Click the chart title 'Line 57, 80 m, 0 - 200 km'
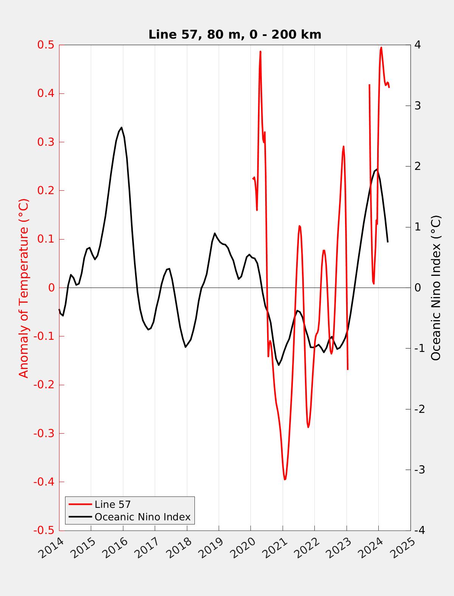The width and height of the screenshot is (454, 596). pyautogui.click(x=235, y=34)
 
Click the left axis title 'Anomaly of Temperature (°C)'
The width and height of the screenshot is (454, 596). pyautogui.click(x=24, y=288)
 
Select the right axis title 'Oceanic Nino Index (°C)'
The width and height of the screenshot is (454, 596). pyautogui.click(x=436, y=288)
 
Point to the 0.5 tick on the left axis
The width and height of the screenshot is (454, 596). pyautogui.click(x=45, y=45)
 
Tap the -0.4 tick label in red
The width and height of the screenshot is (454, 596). pyautogui.click(x=44, y=482)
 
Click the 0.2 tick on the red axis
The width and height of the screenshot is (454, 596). pyautogui.click(x=45, y=191)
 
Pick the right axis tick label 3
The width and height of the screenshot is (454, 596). pyautogui.click(x=418, y=106)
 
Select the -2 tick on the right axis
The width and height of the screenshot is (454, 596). pyautogui.click(x=420, y=409)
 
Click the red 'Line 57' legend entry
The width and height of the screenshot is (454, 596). pyautogui.click(x=112, y=504)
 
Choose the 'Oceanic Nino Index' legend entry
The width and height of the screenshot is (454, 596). pyautogui.click(x=142, y=517)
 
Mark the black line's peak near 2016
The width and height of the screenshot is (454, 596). pyautogui.click(x=121, y=128)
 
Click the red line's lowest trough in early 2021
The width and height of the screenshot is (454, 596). pyautogui.click(x=285, y=479)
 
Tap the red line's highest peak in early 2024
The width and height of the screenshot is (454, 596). pyautogui.click(x=381, y=48)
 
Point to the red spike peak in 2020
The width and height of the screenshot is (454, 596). pyautogui.click(x=260, y=51)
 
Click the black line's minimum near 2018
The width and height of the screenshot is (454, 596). pyautogui.click(x=185, y=347)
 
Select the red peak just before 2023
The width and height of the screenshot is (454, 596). pyautogui.click(x=344, y=146)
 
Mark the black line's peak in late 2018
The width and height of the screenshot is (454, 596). pyautogui.click(x=215, y=233)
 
